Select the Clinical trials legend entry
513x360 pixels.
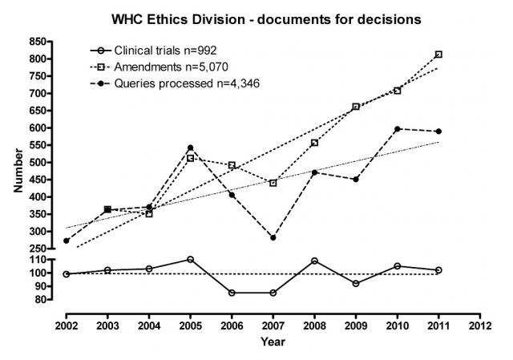[x=153, y=51]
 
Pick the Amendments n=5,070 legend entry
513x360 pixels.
[x=159, y=67]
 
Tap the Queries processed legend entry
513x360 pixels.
[x=175, y=83]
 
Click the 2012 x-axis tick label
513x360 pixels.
[x=480, y=326]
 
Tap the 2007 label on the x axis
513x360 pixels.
[x=273, y=326]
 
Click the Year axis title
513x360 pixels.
[x=273, y=342]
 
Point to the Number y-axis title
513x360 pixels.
[x=18, y=171]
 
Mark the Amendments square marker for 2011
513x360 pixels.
[x=438, y=55]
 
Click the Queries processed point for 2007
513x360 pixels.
[x=273, y=237]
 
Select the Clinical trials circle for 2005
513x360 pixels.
[x=190, y=260]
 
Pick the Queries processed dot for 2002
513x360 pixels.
[x=66, y=241]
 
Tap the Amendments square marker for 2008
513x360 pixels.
[x=314, y=143]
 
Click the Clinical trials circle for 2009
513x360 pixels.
[x=356, y=283]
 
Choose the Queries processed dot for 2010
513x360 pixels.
[x=398, y=129]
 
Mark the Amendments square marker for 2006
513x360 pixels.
[x=232, y=165]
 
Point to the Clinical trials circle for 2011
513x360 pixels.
[x=438, y=270]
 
